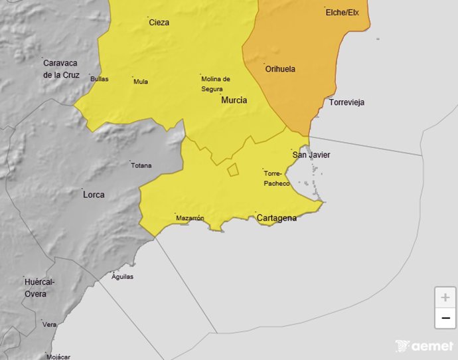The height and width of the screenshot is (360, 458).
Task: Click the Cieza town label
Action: click(x=159, y=23)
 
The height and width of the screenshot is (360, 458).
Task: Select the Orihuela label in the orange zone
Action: click(x=280, y=69)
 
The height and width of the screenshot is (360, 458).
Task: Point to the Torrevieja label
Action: click(x=346, y=103)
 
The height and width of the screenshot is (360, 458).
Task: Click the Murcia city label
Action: click(x=234, y=100)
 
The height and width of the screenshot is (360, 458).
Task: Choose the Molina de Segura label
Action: click(x=216, y=83)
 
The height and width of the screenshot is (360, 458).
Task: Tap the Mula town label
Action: click(x=141, y=82)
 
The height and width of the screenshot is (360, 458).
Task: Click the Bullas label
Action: click(x=99, y=79)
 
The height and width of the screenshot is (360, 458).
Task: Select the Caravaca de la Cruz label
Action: click(x=61, y=69)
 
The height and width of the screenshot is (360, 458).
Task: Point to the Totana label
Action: click(x=141, y=165)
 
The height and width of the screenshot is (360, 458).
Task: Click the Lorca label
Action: click(x=94, y=195)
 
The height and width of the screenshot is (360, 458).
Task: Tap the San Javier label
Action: click(x=311, y=155)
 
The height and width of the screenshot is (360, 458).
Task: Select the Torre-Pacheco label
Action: click(x=276, y=178)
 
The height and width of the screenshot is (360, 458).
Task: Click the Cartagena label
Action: click(x=276, y=218)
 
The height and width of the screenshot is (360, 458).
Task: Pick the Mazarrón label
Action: click(x=190, y=218)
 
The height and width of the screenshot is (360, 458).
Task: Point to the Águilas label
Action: click(x=122, y=276)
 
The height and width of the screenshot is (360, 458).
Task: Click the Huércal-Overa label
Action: click(x=40, y=288)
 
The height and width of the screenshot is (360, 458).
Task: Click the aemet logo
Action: click(x=425, y=346)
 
